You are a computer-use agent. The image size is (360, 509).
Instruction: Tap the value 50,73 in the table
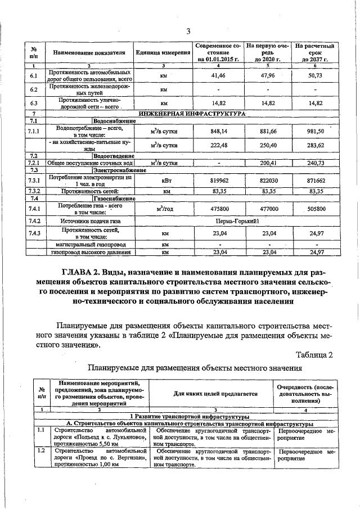pos(316,75)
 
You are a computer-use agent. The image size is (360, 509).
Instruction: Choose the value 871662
pos(316,181)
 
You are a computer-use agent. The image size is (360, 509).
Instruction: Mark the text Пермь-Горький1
pos(236,220)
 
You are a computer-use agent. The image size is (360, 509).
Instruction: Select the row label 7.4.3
pos(34,232)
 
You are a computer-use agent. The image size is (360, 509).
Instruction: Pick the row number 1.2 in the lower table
pos(41,452)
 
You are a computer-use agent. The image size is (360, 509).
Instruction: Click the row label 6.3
pos(34,103)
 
